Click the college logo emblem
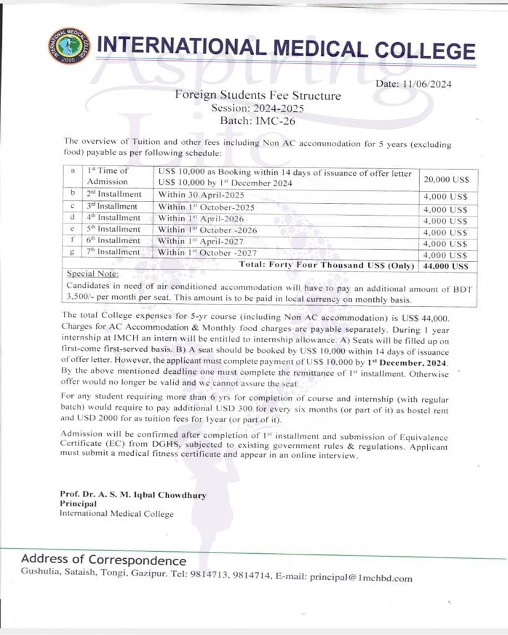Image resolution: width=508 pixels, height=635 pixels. click(68, 46)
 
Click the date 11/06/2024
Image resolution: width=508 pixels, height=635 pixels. click(429, 84)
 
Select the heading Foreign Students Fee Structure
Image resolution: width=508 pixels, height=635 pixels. click(257, 95)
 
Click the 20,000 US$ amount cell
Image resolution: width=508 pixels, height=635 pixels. click(445, 179)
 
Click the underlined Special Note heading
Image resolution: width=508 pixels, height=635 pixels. click(92, 273)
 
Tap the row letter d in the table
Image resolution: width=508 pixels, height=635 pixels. click(73, 218)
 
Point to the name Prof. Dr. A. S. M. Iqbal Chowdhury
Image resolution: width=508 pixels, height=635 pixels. click(133, 495)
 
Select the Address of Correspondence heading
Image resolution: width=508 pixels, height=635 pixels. click(104, 559)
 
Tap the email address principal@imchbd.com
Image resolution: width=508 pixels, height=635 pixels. click(361, 578)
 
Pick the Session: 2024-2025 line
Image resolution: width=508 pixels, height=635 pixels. click(257, 108)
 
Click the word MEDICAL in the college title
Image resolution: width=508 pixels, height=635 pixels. click(320, 48)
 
